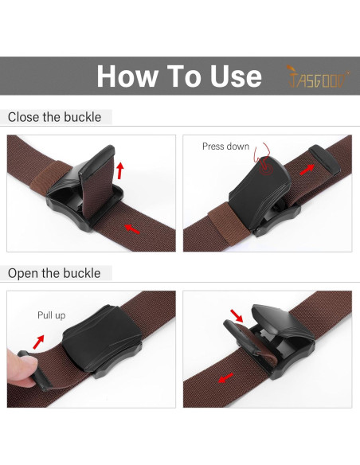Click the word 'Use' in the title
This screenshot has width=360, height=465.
tap(236, 76)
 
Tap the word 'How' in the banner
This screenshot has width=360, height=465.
tap(127, 76)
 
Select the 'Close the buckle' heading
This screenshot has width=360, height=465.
tap(55, 117)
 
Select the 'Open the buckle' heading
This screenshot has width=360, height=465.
tap(54, 273)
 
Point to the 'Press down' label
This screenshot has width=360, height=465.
tap(225, 147)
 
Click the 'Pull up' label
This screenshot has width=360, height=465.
tap(51, 315)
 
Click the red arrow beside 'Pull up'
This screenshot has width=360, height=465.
tap(38, 342)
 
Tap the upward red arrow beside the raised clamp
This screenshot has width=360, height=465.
tap(119, 170)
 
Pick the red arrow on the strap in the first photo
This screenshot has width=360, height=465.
tap(132, 229)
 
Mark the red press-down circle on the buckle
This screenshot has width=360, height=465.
tap(265, 169)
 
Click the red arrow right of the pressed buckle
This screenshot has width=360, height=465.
tap(307, 170)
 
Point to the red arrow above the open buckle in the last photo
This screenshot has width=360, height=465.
tap(237, 315)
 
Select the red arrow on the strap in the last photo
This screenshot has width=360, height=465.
tap(225, 377)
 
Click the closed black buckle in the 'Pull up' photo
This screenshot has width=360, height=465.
tap(102, 342)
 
